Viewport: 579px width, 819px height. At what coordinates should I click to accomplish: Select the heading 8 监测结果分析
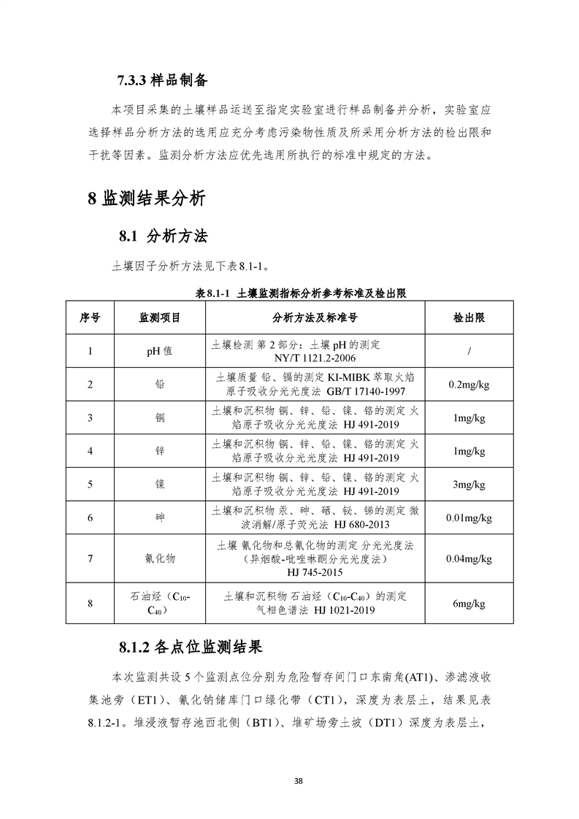tap(146, 198)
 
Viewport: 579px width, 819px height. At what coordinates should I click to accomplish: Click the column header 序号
tap(90, 318)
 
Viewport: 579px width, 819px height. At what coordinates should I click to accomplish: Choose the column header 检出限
tap(469, 318)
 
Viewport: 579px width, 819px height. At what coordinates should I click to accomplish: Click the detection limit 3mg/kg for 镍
tap(469, 484)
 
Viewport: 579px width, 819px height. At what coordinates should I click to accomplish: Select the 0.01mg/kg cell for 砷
tap(469, 518)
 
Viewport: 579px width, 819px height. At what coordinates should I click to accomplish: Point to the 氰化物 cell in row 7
tap(159, 558)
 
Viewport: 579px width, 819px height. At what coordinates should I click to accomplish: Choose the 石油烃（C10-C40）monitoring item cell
tap(159, 604)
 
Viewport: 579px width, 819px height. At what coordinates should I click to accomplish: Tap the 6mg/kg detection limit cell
tap(469, 604)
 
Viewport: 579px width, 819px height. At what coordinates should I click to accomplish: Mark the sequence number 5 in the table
tap(90, 484)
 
